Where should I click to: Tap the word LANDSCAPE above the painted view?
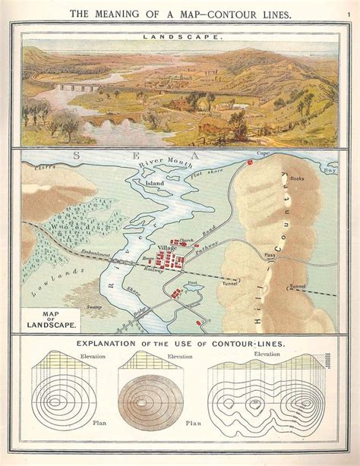[x=180, y=36]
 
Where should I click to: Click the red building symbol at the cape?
[x=249, y=162]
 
